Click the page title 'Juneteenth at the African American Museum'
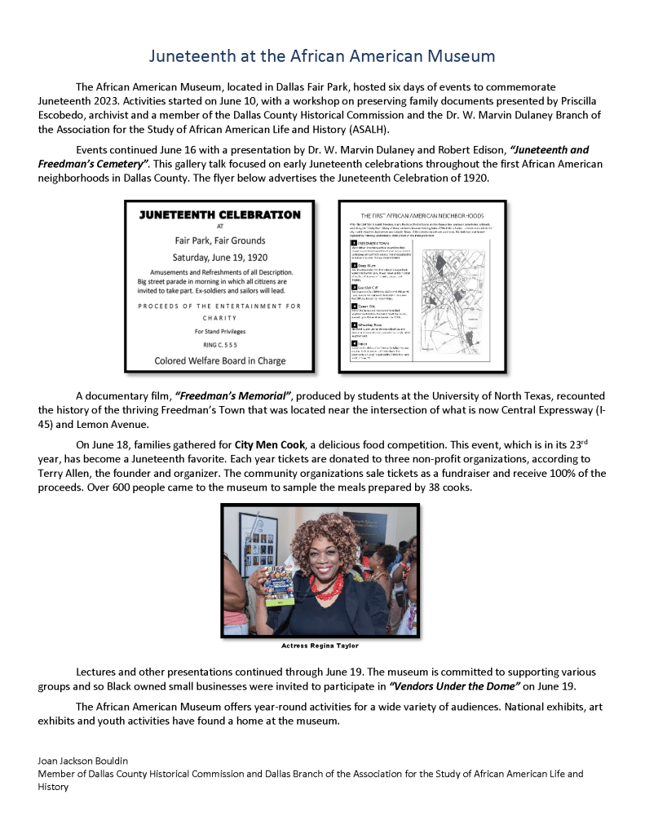click(x=322, y=55)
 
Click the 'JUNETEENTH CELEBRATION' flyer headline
click(x=219, y=215)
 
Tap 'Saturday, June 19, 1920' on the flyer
click(x=219, y=257)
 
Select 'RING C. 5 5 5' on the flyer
click(x=219, y=345)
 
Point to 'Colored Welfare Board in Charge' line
click(x=219, y=360)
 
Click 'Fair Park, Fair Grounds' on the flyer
click(x=219, y=240)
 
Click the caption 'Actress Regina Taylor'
click(x=320, y=646)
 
